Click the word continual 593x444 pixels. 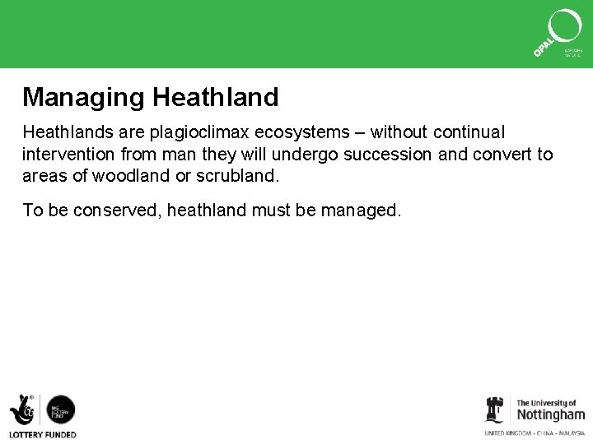[469, 132]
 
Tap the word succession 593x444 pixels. [385, 155]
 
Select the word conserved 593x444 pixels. [115, 210]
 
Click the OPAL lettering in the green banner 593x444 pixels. [543, 45]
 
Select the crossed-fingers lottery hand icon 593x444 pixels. [22, 409]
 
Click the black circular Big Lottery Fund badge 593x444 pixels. [60, 409]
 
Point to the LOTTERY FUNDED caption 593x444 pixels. [43, 434]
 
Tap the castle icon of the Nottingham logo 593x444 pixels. [494, 409]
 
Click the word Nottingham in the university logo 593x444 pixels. [550, 414]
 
